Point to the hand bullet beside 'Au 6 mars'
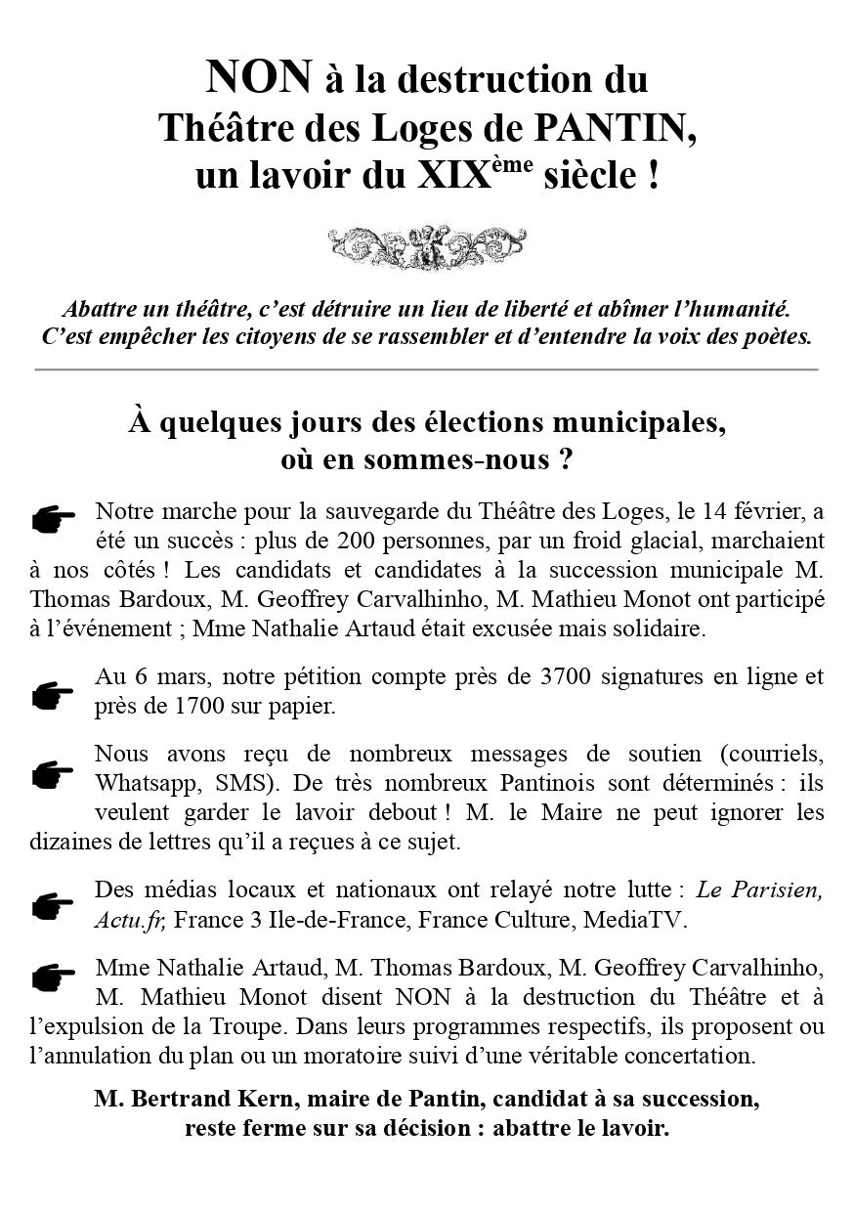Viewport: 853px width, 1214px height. (x=54, y=695)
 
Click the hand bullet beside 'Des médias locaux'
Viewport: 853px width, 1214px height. (x=54, y=905)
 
